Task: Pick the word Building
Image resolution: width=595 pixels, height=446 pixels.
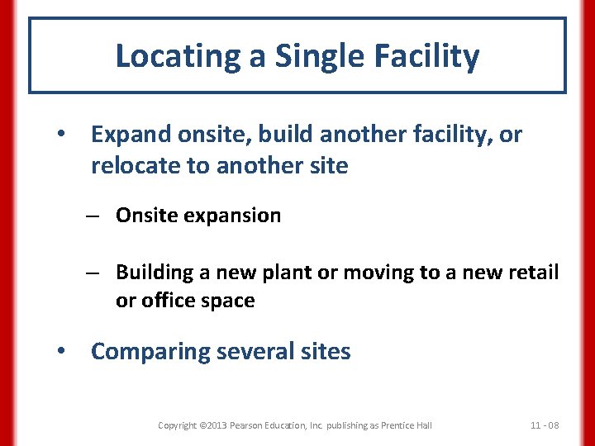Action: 154,272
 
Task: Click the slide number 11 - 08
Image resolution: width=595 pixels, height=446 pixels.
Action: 544,425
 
